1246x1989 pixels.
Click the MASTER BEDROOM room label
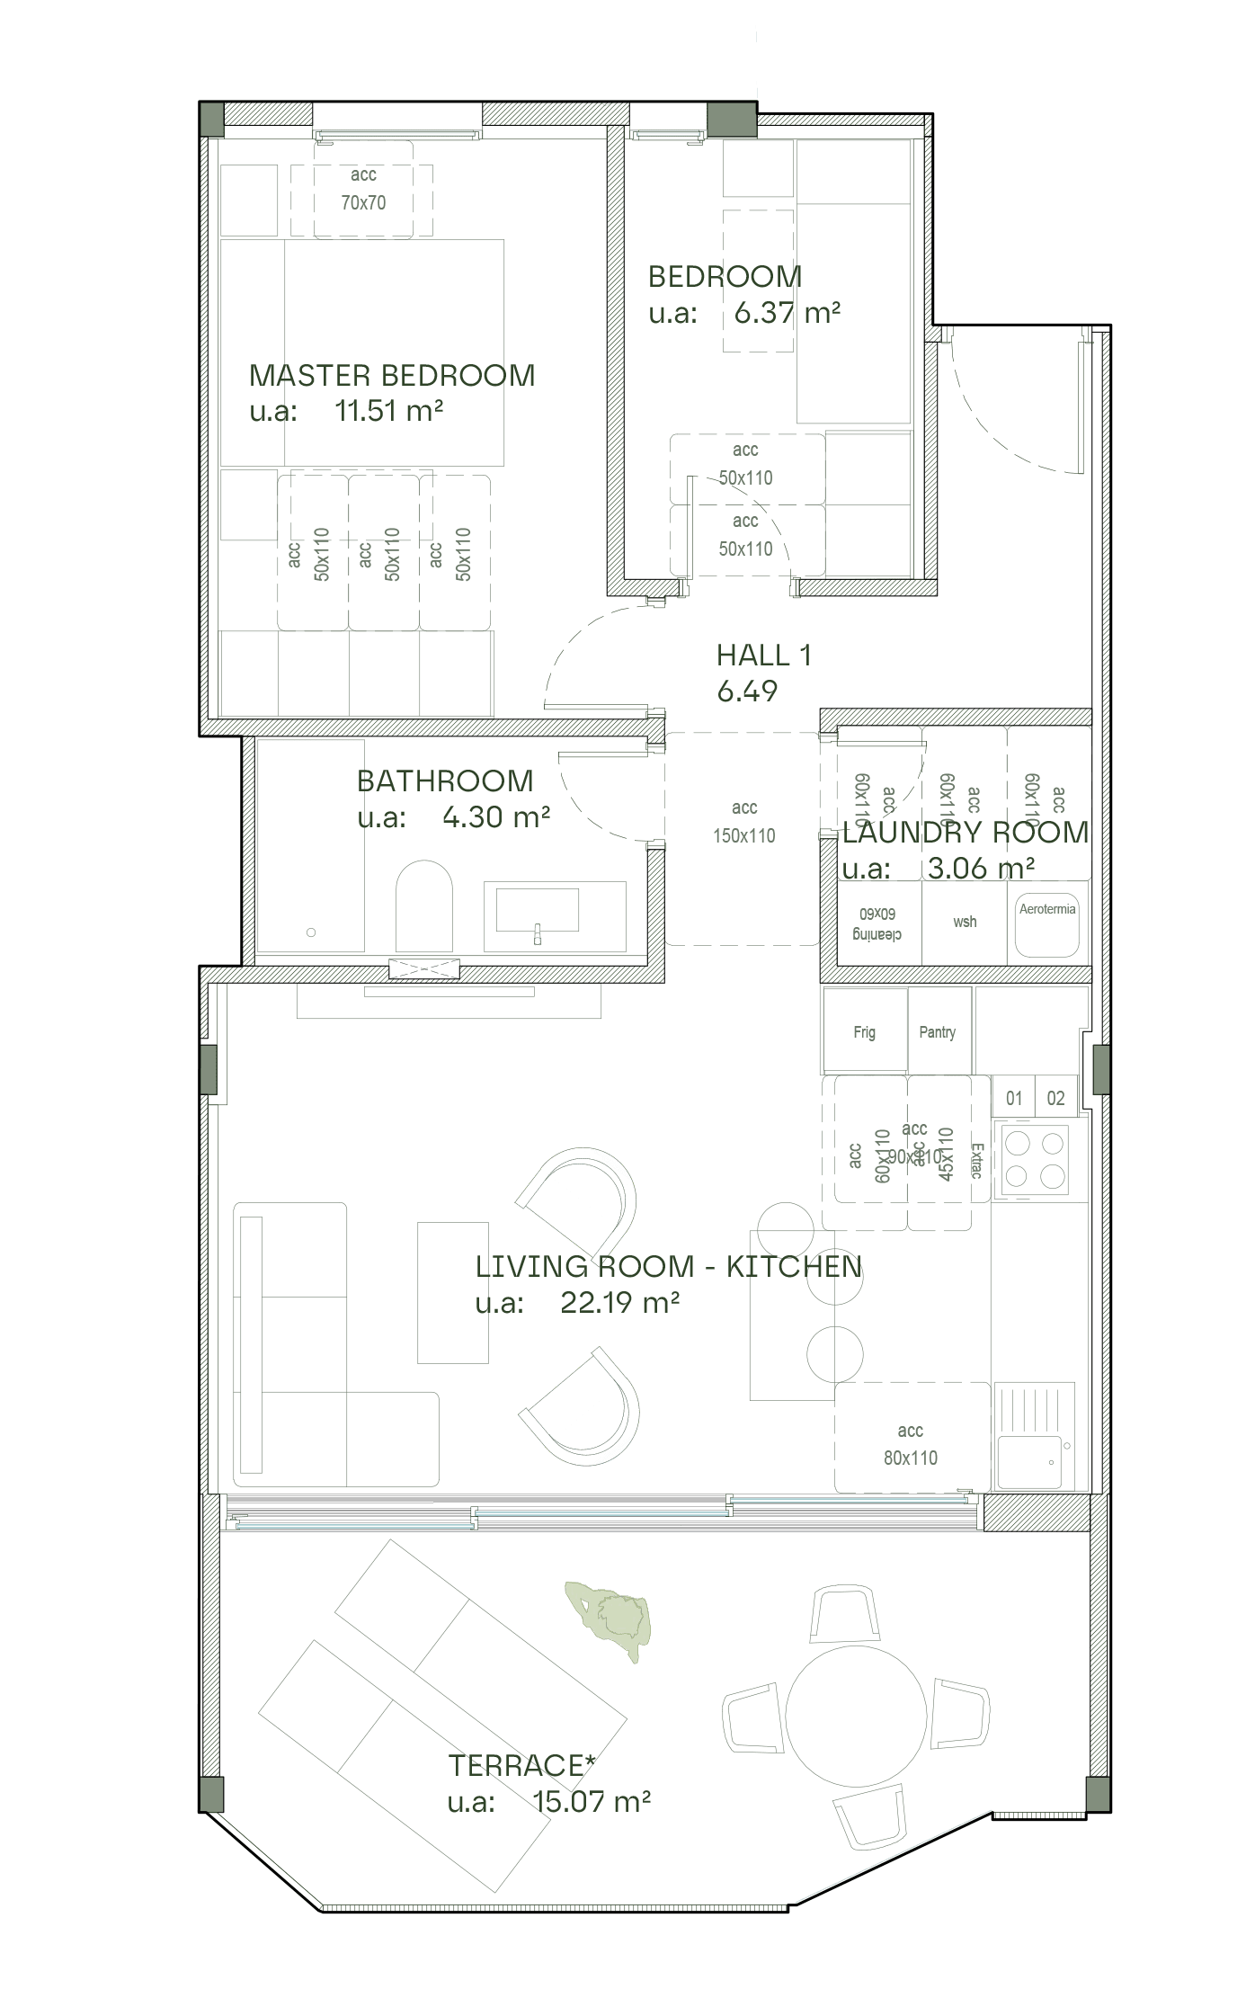pyautogui.click(x=392, y=375)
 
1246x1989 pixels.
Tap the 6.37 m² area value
pyautogui.click(x=787, y=313)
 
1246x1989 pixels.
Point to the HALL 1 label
pyautogui.click(x=763, y=656)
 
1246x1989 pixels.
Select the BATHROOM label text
pyautogui.click(x=445, y=780)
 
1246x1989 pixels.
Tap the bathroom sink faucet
pyautogui.click(x=538, y=933)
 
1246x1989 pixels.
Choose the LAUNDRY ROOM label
pyautogui.click(x=966, y=832)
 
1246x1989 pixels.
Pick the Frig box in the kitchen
pyautogui.click(x=864, y=1031)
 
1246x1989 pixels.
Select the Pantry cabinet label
pyautogui.click(x=937, y=1031)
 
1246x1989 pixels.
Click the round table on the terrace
pyautogui.click(x=856, y=1715)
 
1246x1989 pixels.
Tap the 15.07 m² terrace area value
pyautogui.click(x=591, y=1801)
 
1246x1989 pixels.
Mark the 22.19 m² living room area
pyautogui.click(x=619, y=1302)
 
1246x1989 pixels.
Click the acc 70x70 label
pyautogui.click(x=363, y=189)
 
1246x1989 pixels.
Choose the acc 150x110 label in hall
pyautogui.click(x=743, y=822)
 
